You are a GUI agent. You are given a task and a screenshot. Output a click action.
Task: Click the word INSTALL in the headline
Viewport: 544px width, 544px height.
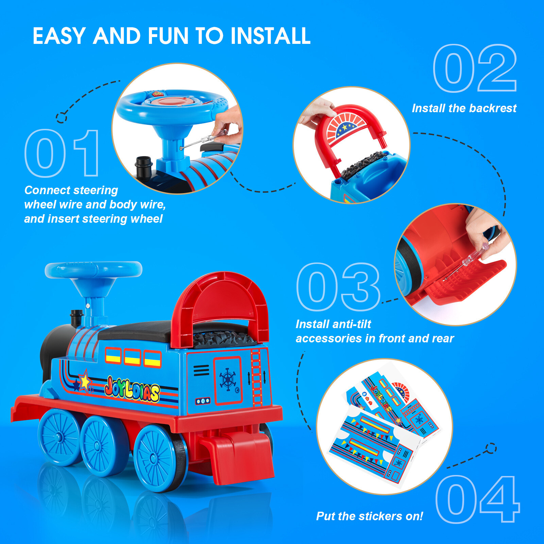click(x=271, y=36)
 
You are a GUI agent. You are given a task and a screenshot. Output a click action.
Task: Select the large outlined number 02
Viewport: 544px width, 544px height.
click(x=475, y=68)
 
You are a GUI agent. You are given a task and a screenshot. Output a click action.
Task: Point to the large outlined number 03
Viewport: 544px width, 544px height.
click(x=338, y=287)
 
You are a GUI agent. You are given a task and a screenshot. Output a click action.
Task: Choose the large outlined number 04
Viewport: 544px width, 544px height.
click(x=477, y=499)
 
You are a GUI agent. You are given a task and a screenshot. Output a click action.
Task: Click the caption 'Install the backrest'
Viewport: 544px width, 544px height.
click(x=464, y=108)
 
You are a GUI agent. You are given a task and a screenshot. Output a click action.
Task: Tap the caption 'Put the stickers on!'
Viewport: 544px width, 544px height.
click(x=370, y=516)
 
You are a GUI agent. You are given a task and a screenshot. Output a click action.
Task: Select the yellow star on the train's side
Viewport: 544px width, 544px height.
click(x=84, y=381)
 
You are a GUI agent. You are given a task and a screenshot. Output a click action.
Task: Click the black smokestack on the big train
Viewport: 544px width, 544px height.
click(x=76, y=318)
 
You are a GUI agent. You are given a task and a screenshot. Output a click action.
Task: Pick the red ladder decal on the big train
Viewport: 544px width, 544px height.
click(x=256, y=377)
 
